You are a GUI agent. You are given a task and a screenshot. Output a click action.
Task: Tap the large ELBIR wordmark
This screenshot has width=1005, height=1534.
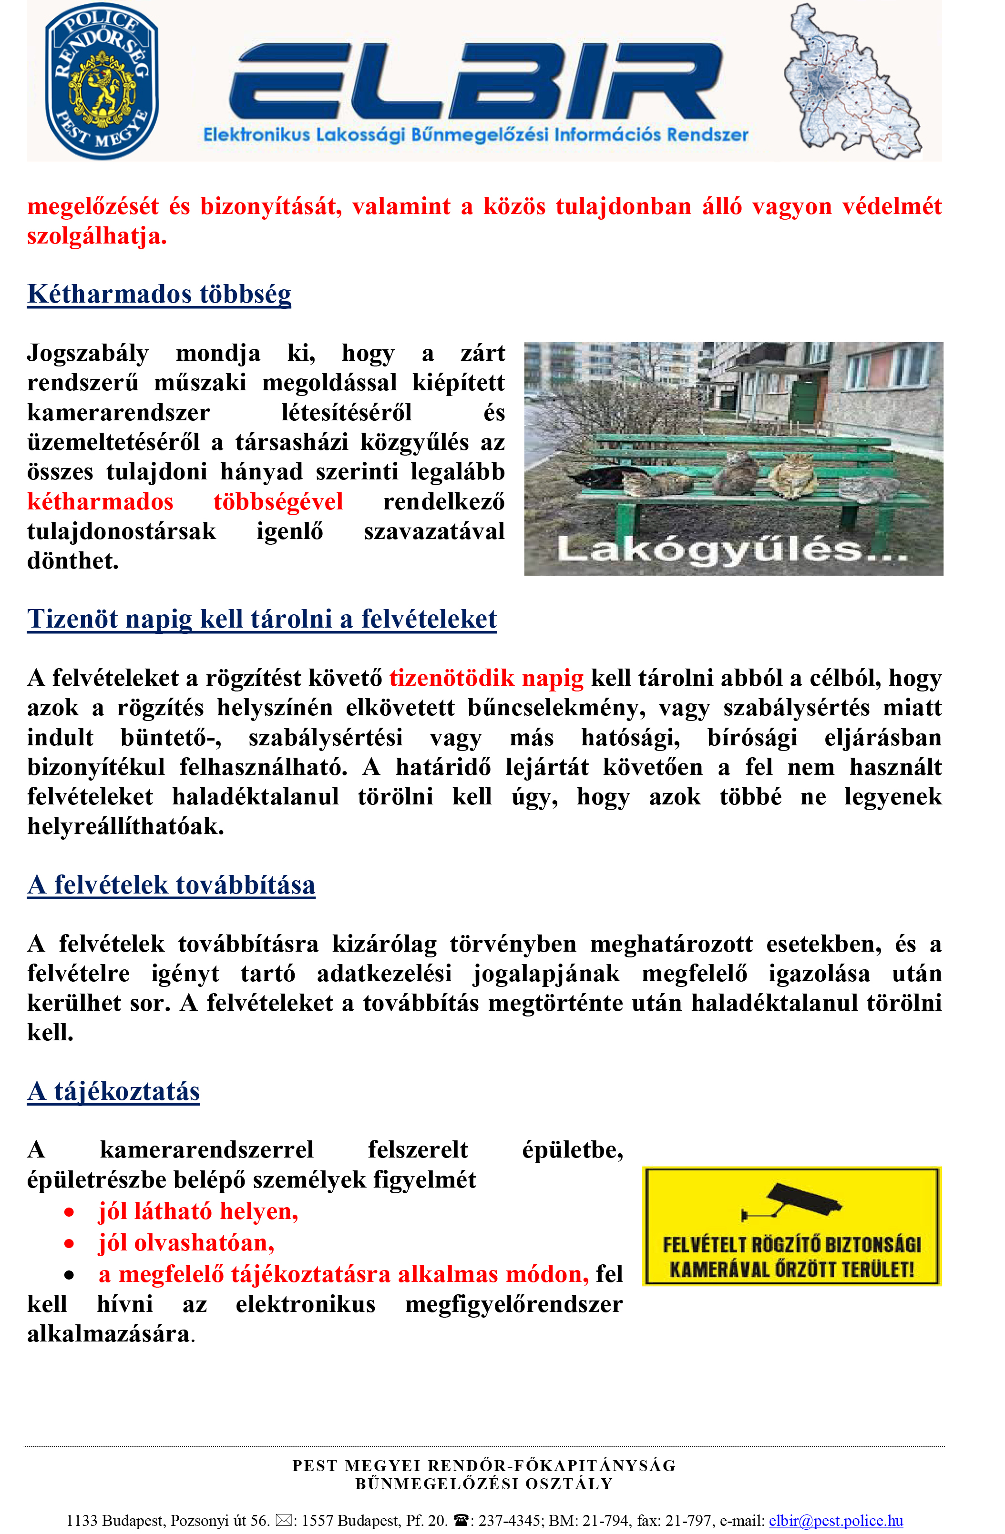[x=475, y=81]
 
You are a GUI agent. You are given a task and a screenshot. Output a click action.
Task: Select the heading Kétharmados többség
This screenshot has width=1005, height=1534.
[x=159, y=294]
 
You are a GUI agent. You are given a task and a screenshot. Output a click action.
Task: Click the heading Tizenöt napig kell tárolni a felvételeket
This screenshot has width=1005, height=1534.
[x=262, y=619]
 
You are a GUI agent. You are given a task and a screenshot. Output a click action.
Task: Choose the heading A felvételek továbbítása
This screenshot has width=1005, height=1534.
[x=172, y=885]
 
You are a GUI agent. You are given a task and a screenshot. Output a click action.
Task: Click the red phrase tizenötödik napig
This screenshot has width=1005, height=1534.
[x=486, y=678]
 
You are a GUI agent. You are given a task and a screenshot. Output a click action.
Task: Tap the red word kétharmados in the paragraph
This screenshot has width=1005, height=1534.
[x=101, y=501]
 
